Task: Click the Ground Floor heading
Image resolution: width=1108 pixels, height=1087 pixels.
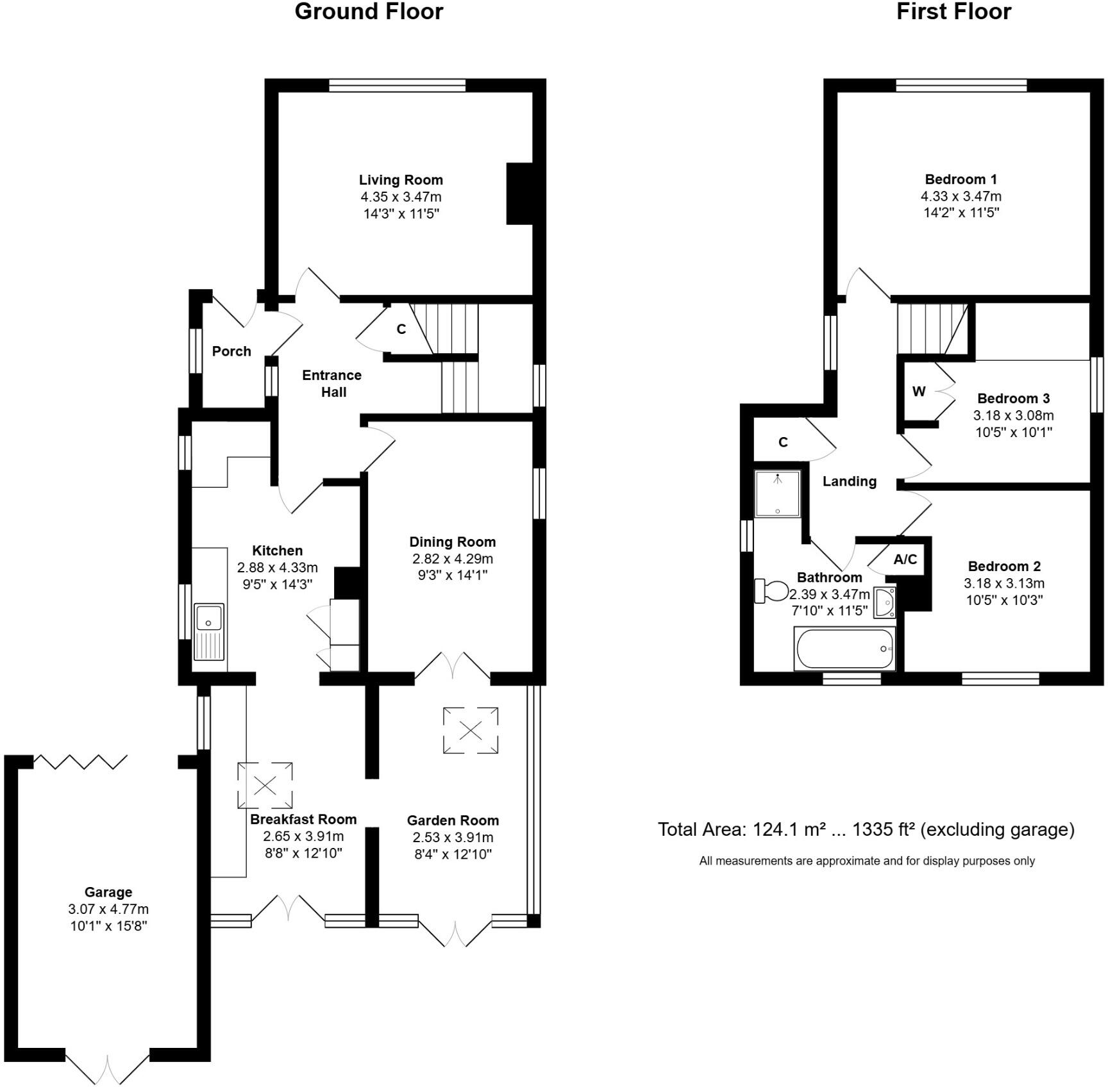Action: (369, 12)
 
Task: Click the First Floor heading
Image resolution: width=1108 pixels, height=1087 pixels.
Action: (953, 12)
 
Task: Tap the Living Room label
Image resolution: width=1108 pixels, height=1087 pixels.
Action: (401, 180)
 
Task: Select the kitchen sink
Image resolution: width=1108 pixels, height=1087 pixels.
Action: (209, 631)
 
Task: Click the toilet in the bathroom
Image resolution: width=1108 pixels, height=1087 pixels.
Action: (772, 590)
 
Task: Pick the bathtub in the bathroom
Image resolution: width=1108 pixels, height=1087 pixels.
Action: (844, 649)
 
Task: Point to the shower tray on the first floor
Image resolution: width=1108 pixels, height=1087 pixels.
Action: (777, 494)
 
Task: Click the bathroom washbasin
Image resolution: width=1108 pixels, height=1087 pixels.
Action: (886, 602)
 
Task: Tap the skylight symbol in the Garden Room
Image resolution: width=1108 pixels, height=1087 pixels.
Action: (471, 730)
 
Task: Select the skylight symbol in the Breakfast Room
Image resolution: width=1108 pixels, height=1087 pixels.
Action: (265, 784)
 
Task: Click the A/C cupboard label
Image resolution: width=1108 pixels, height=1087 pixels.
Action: (905, 560)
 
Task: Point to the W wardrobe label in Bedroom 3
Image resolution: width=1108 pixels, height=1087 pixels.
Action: (918, 392)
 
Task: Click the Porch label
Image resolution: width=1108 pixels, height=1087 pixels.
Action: (231, 351)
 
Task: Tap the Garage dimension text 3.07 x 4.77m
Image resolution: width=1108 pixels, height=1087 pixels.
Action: (108, 909)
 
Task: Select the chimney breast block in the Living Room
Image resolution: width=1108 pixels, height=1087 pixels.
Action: (519, 194)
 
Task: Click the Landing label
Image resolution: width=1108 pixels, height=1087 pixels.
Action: (850, 481)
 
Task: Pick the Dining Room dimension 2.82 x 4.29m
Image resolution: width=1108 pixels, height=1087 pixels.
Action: (453, 559)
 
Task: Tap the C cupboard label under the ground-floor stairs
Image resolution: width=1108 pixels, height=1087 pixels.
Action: (401, 329)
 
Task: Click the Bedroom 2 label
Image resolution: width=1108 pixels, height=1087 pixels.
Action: (1004, 567)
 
